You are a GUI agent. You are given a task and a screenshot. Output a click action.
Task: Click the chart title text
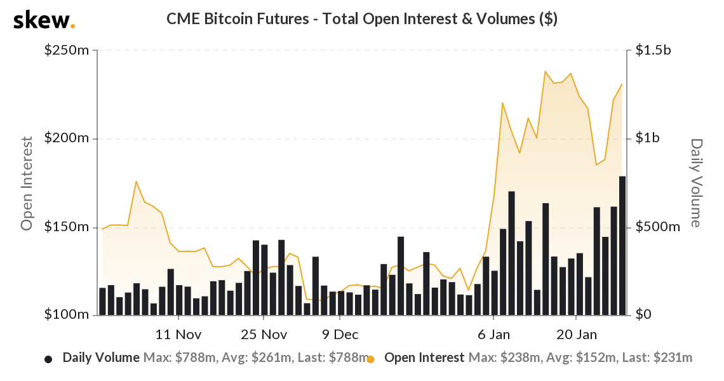tap(362, 19)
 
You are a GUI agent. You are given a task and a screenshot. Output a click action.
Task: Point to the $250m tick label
tap(67, 50)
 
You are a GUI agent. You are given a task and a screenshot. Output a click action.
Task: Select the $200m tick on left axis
tap(67, 138)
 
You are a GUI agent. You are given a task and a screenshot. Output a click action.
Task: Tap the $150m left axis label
tap(67, 227)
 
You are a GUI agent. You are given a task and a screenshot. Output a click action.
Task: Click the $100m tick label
tap(67, 315)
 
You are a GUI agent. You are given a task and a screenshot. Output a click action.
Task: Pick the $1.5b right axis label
tap(653, 50)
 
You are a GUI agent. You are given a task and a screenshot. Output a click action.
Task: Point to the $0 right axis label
tap(643, 315)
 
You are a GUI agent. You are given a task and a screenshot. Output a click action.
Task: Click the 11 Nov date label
tap(178, 335)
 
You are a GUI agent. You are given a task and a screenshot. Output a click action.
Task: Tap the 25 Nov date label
tap(264, 335)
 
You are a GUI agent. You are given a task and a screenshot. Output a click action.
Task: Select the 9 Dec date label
tap(340, 335)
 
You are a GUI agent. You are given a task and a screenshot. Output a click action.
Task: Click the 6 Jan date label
tap(493, 335)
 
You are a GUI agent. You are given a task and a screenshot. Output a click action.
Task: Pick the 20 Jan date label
tap(576, 335)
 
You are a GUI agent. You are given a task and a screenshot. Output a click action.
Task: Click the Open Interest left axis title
tap(27, 183)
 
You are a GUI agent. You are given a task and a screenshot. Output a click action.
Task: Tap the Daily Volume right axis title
tap(696, 183)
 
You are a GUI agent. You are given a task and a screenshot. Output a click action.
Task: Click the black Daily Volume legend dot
tap(48, 359)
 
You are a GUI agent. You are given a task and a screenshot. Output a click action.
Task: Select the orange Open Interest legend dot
tap(371, 359)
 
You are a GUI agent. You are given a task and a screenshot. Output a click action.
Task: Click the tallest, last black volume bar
tap(622, 245)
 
